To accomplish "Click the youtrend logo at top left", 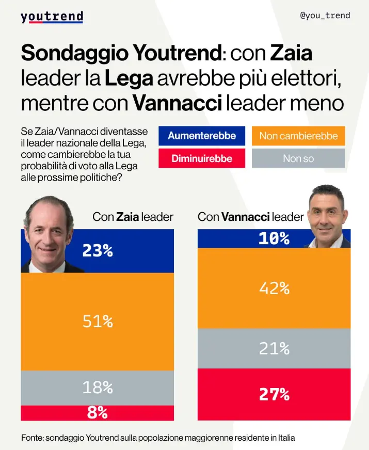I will pos(52,17).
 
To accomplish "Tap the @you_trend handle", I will pos(325,15).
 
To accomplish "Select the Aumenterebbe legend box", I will pos(202,136).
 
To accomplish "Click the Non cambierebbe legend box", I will pos(298,136).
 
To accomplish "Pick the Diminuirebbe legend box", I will pos(202,158).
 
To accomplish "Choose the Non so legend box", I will pos(298,158).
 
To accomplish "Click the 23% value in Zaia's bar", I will pos(98,251).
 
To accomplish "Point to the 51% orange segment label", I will pos(98,322).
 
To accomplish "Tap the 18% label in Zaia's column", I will pos(98,388).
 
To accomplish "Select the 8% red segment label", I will pos(98,413).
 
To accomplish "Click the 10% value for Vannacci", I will pos(274,238).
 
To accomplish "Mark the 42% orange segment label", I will pos(274,288).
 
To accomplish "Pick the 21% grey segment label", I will pos(274,349).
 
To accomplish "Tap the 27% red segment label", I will pos(274,394).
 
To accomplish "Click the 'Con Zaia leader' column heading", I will pos(133,217).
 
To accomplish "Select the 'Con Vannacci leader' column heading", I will pos(251,217).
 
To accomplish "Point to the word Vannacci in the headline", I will pos(177,103).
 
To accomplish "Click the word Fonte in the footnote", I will pos(32,438).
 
